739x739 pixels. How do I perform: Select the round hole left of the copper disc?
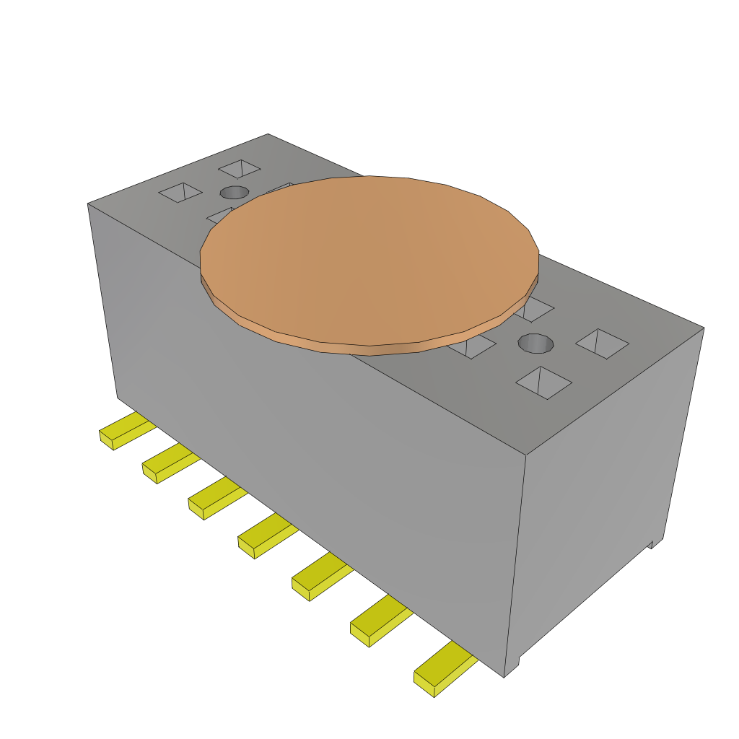(x=234, y=192)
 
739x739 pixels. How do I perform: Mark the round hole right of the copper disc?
(x=536, y=344)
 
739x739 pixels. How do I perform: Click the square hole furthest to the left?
(x=181, y=192)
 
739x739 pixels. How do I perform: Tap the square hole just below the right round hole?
(x=543, y=382)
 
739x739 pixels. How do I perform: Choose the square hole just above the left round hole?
(x=240, y=169)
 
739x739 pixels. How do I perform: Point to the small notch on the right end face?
(x=656, y=543)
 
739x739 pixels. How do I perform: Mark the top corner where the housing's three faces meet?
(x=526, y=455)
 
